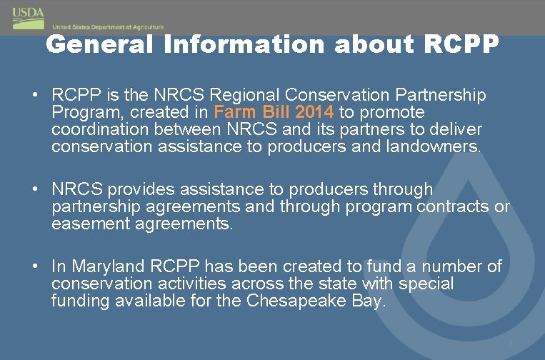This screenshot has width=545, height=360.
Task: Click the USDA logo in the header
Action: click(x=28, y=16)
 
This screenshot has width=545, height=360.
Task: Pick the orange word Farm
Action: click(x=234, y=112)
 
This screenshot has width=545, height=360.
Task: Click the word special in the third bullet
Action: click(x=427, y=284)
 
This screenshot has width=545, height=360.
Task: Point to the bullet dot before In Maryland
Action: click(x=34, y=266)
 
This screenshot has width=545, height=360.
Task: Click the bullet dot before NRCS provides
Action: click(x=34, y=190)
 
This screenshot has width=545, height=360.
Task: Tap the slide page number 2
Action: click(x=510, y=344)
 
